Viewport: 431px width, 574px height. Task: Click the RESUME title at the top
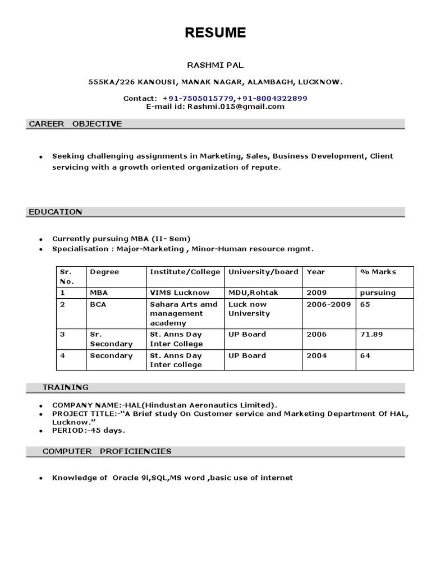coord(215,33)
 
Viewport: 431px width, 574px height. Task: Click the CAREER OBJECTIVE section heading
coord(75,124)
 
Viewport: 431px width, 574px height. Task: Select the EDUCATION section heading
coord(55,211)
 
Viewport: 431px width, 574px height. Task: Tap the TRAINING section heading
coord(66,387)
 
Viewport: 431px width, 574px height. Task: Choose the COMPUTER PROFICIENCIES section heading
coord(107,451)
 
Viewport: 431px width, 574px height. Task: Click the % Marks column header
coord(379,272)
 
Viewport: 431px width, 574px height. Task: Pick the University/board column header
coord(263,272)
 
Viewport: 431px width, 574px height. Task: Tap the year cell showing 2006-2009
coord(328,304)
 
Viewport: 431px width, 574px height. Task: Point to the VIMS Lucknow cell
coord(179,293)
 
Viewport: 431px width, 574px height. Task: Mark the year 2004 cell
coord(316,355)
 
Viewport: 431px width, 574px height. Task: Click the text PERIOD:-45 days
coord(88,430)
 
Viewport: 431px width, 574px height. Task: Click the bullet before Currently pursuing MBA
coord(40,239)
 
